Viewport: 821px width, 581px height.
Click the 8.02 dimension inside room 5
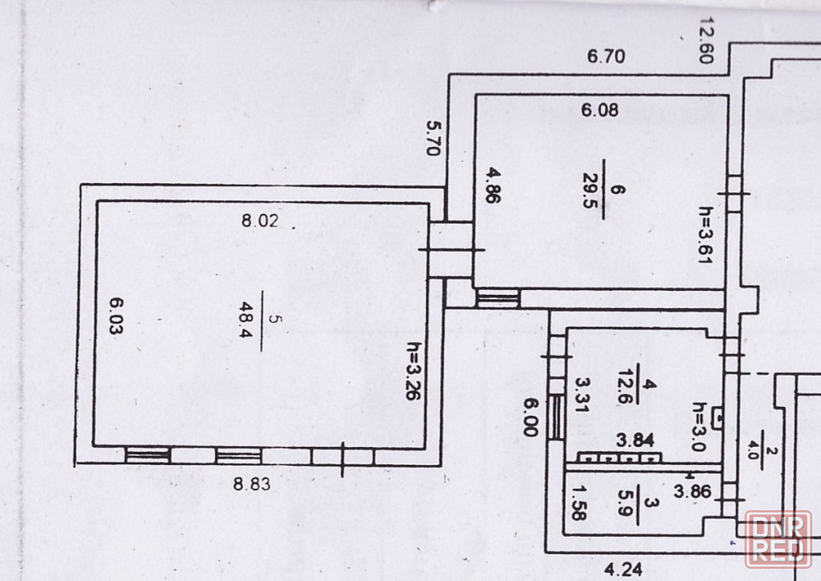[259, 220]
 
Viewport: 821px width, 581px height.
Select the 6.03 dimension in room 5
[116, 316]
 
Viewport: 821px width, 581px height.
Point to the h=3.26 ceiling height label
[414, 371]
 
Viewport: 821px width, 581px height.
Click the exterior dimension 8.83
[252, 483]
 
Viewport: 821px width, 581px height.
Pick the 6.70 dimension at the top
[606, 56]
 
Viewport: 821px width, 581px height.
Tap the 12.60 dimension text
[707, 40]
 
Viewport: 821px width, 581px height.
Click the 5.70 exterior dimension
[433, 138]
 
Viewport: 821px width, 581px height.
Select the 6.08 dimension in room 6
[600, 110]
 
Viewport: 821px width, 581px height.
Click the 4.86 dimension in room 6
[493, 185]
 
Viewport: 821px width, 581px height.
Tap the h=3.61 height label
[706, 235]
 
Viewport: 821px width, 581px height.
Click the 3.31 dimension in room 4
[582, 395]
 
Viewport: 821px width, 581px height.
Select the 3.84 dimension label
[635, 440]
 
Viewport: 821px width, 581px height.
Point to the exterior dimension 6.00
[531, 417]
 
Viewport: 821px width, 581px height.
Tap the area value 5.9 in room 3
[626, 503]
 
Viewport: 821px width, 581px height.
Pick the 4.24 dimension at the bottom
[624, 569]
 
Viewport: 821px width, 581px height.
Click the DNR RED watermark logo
[778, 540]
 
